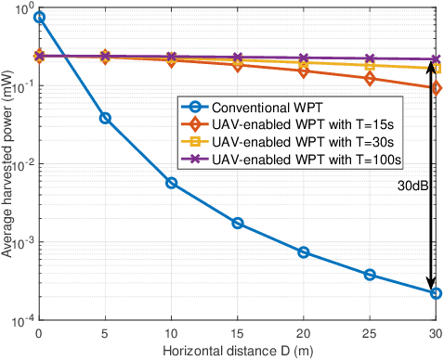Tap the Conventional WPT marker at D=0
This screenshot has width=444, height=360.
(x=39, y=18)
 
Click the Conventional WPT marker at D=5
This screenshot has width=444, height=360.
(x=105, y=118)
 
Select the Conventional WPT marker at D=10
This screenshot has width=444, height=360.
(x=171, y=183)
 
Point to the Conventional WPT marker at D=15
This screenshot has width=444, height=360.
(x=238, y=224)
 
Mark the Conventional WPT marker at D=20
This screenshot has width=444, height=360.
(x=304, y=252)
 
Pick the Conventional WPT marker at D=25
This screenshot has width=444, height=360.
(x=370, y=275)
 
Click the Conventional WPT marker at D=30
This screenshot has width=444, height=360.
(x=436, y=293)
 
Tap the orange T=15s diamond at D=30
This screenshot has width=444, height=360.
(x=436, y=88)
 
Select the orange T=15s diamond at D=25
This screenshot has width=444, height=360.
(x=370, y=79)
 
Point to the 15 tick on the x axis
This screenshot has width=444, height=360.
(x=238, y=332)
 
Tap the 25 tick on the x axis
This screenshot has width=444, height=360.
(x=370, y=332)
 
